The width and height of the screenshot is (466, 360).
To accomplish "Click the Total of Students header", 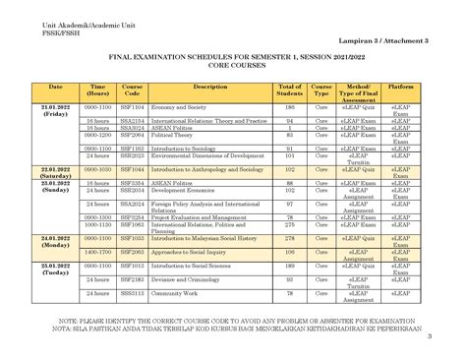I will [x=289, y=90].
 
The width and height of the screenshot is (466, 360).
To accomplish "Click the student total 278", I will [x=289, y=238].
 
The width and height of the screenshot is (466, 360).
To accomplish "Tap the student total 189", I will [x=289, y=266].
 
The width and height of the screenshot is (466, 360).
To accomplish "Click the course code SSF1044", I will [x=132, y=169].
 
